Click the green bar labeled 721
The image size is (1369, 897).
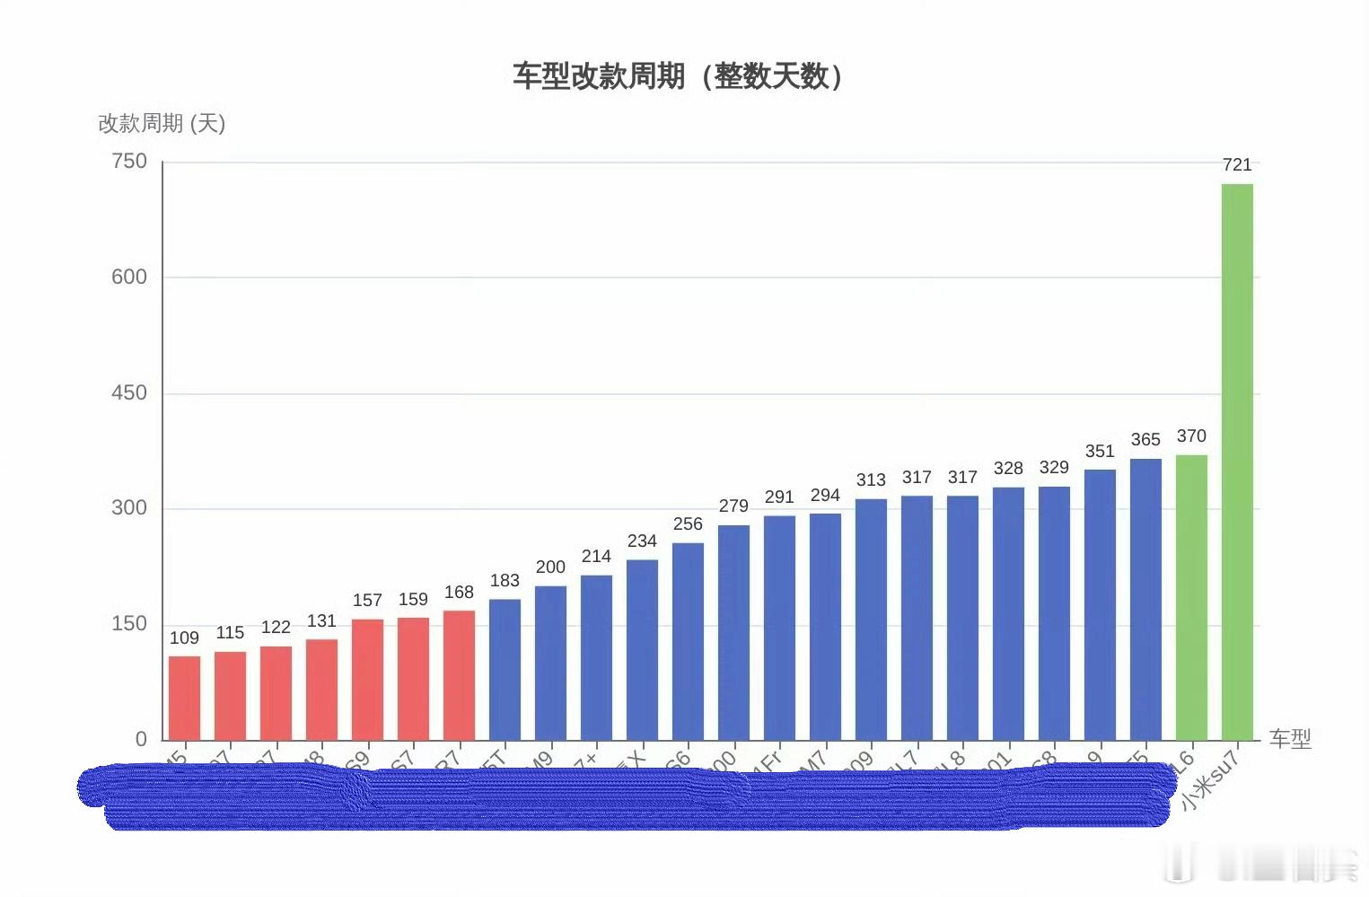coord(1237,462)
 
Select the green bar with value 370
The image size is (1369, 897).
coord(1191,597)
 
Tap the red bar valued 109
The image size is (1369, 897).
coord(184,698)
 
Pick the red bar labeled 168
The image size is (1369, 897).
coord(459,675)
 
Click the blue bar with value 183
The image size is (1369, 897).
coord(505,669)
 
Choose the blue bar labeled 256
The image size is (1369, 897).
coord(688,641)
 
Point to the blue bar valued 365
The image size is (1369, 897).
coord(1145,599)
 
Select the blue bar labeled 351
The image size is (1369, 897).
coord(1100,604)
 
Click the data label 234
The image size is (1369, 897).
coord(642,541)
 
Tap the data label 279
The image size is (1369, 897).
coord(733,506)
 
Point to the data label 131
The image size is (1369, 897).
coord(321,621)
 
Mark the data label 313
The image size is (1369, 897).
coord(871,479)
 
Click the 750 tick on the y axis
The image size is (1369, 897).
coord(129,162)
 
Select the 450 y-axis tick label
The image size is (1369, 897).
coord(129,392)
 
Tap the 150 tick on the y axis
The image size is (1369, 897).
coord(129,623)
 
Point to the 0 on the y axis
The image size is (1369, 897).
coord(141,739)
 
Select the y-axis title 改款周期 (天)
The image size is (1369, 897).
coord(162,123)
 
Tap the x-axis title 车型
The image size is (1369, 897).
coord(1290,739)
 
